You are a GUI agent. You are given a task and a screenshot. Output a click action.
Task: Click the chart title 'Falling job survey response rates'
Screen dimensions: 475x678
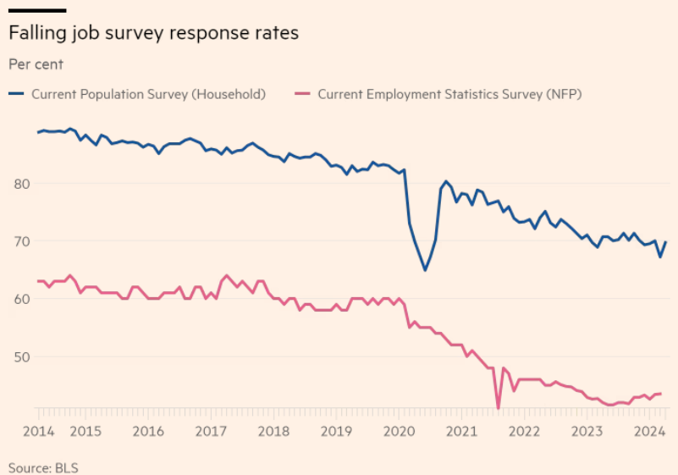click(x=153, y=34)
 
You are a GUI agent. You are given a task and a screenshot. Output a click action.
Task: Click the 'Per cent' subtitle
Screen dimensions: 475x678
click(x=36, y=64)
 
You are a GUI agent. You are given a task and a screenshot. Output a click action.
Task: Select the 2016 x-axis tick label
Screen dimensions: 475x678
click(x=148, y=430)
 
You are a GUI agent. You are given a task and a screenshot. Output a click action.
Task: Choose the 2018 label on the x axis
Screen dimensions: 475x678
click(x=273, y=430)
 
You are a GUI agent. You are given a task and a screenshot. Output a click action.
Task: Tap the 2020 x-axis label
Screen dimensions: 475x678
click(x=399, y=430)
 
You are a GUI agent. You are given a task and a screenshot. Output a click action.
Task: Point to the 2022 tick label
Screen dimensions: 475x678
click(x=524, y=430)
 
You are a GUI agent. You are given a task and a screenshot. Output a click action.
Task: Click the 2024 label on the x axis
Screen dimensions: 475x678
click(x=649, y=430)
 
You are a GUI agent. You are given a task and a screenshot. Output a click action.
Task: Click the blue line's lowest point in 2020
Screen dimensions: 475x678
click(x=425, y=270)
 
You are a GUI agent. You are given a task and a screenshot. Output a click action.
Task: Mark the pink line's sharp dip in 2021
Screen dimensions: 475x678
click(x=498, y=408)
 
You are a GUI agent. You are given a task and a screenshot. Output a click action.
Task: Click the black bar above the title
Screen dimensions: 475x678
click(x=37, y=10)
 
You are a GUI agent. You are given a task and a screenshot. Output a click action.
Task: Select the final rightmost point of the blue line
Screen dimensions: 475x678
click(x=665, y=242)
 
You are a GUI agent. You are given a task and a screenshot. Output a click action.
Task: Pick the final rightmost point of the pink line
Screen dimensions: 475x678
click(x=660, y=394)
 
